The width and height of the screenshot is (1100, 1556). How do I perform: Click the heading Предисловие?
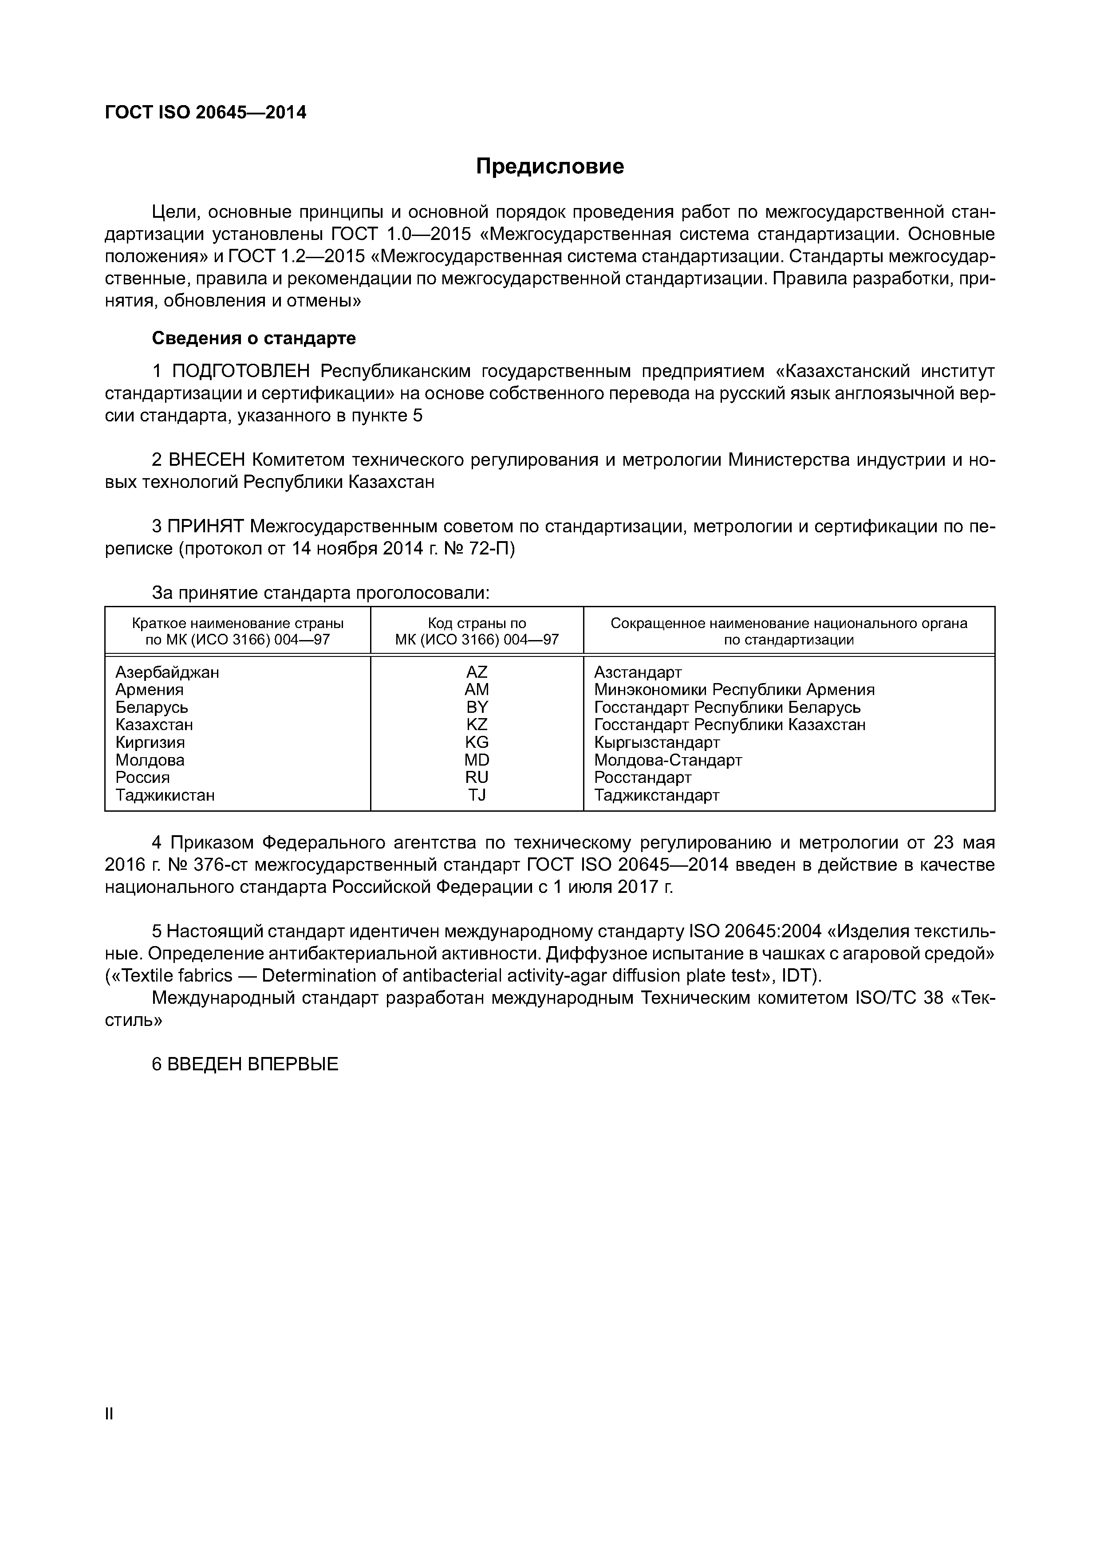pyautogui.click(x=550, y=166)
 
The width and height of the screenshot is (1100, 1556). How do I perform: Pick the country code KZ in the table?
pyautogui.click(x=477, y=724)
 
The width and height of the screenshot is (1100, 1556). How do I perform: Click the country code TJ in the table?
pyautogui.click(x=477, y=795)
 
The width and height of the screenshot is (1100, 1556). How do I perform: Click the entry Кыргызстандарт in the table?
pyautogui.click(x=656, y=742)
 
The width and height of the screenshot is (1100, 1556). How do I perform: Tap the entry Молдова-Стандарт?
pyautogui.click(x=668, y=760)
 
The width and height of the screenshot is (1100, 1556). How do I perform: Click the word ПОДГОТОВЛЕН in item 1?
pyautogui.click(x=241, y=371)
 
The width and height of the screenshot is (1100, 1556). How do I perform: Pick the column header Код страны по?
pyautogui.click(x=477, y=623)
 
